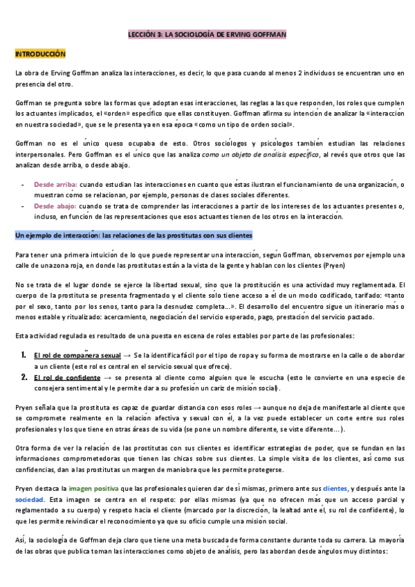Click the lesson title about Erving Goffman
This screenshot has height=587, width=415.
[207, 33]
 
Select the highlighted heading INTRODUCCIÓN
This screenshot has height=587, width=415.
[40, 53]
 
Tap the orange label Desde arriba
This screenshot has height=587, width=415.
[55, 185]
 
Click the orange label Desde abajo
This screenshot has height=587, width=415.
[55, 206]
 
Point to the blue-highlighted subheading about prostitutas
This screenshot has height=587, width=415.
[133, 235]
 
